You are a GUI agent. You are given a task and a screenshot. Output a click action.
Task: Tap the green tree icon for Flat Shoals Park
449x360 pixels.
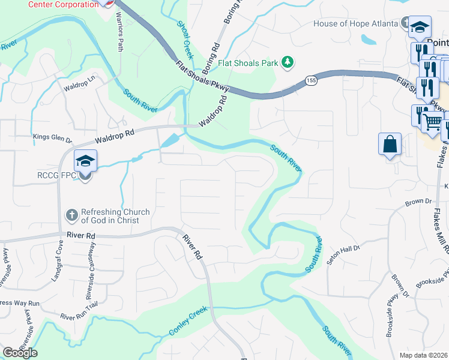point(288,62)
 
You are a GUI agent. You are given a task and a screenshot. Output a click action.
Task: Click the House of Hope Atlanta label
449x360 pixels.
point(356,24)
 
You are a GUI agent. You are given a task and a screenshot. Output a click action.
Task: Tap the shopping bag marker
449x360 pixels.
point(390,144)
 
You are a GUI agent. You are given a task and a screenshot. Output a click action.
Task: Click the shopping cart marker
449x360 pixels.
point(432,122)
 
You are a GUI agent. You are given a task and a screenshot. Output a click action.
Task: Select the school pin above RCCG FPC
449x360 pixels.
point(85,161)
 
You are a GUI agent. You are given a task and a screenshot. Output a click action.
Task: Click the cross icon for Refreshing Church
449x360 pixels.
point(71,215)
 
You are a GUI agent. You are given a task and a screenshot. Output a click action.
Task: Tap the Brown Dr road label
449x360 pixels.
point(419,203)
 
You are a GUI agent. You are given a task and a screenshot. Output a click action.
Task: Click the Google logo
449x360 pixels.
point(20,353)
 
